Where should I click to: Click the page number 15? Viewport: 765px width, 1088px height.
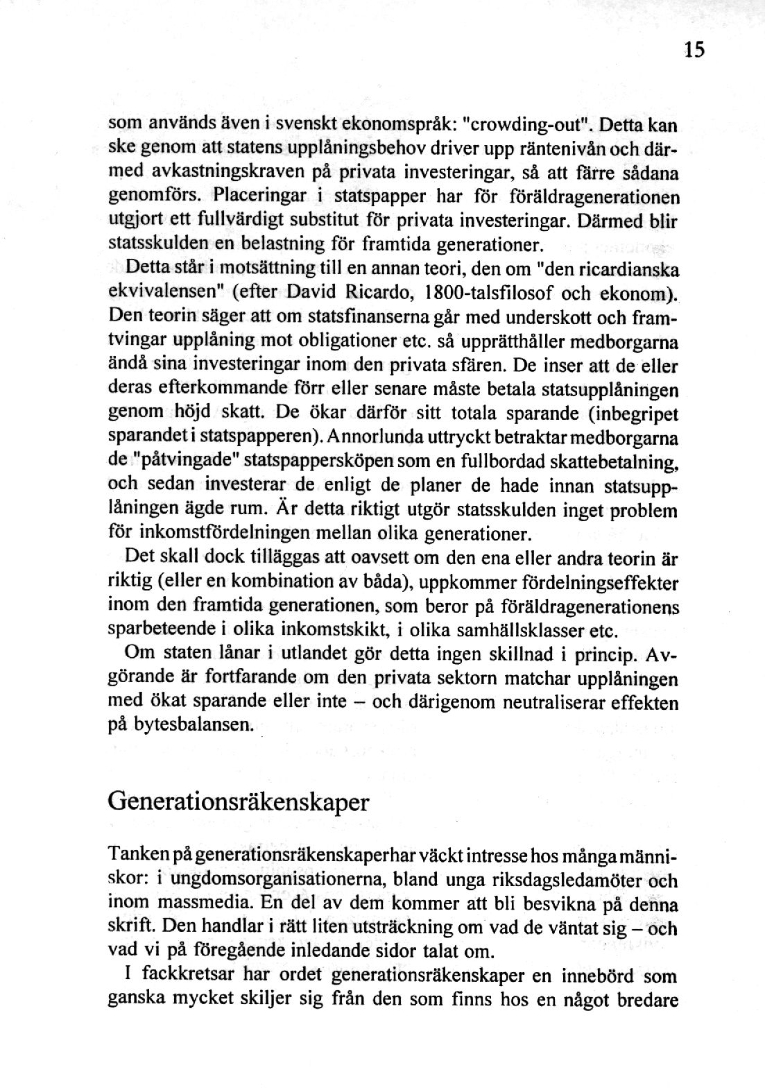[x=694, y=50]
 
